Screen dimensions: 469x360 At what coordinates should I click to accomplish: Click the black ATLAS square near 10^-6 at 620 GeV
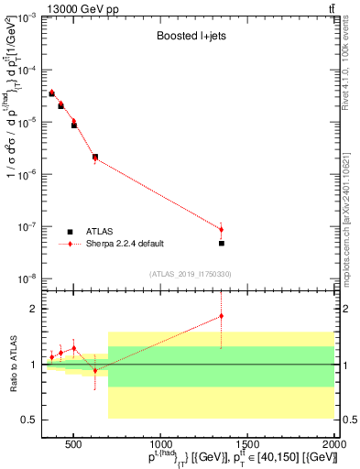coord(95,157)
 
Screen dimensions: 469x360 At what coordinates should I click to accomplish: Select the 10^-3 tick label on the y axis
coord(30,18)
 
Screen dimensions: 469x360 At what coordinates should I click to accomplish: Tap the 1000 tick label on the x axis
coord(160,440)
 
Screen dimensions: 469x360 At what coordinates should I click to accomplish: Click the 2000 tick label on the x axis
coord(334,440)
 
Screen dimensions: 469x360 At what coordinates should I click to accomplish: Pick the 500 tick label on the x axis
coord(73,440)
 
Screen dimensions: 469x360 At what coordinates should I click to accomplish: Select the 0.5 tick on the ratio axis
coord(34,420)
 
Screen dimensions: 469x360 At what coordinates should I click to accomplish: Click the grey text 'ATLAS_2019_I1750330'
coord(191,274)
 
